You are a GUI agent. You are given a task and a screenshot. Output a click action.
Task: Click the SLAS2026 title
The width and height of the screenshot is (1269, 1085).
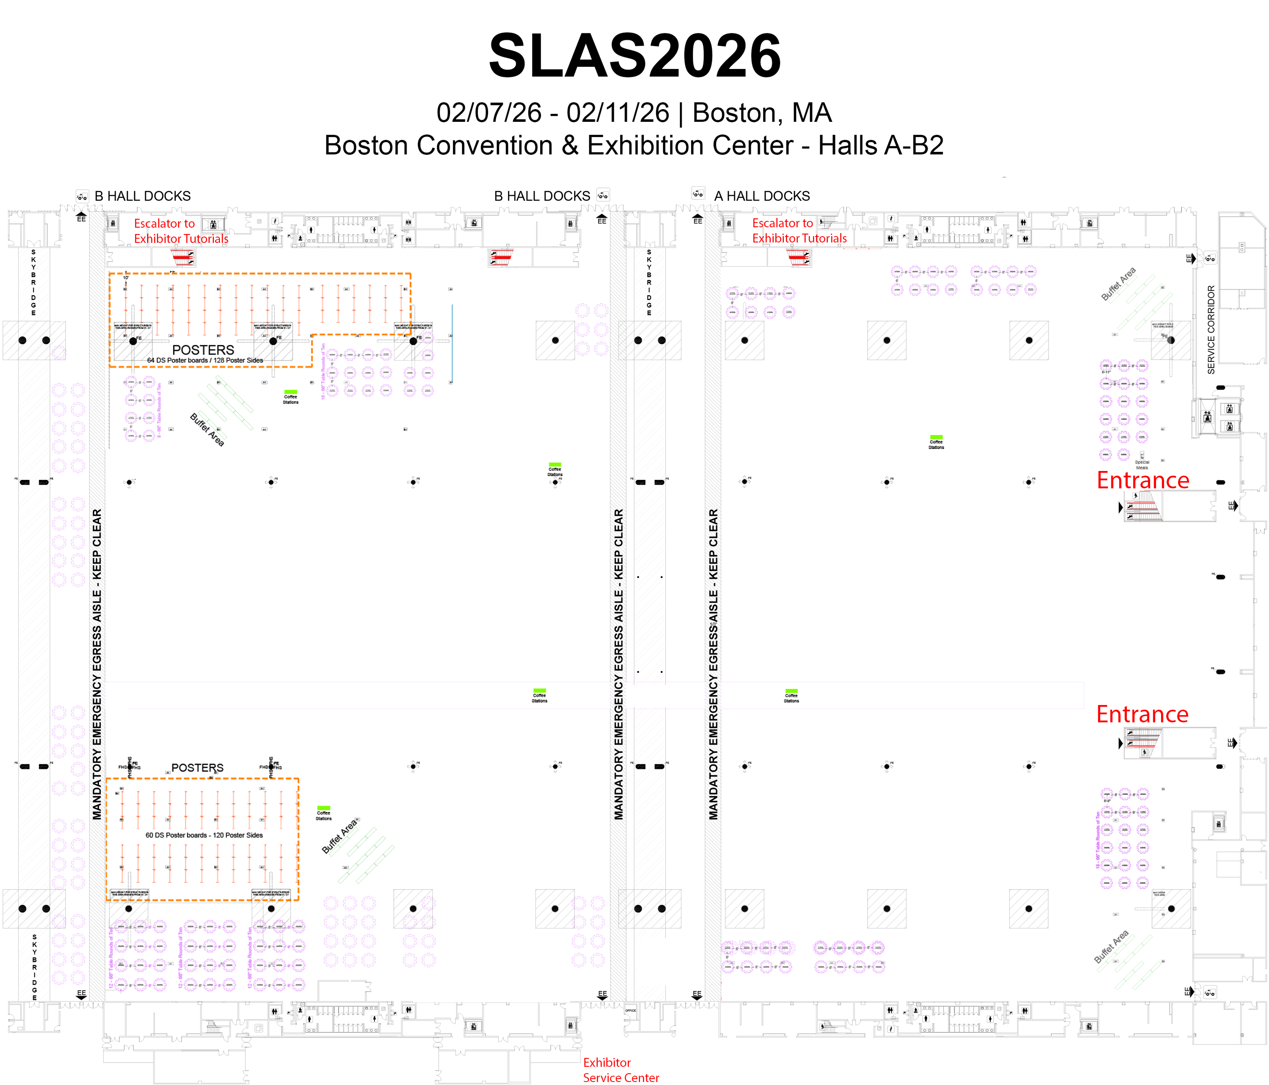(634, 56)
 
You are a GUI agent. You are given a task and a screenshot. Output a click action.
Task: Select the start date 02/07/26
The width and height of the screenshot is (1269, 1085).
(489, 113)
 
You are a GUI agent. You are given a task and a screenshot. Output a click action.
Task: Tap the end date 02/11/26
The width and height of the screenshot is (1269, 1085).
(618, 113)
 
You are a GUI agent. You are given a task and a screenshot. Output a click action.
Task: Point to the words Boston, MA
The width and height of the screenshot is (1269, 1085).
(762, 113)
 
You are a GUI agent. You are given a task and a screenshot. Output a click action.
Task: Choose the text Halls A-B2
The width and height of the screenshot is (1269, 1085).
(881, 146)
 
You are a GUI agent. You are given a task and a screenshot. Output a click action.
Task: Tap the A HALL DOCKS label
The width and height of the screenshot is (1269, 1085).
(762, 196)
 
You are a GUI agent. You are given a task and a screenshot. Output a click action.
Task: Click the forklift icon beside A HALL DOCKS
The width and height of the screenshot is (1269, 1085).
(698, 194)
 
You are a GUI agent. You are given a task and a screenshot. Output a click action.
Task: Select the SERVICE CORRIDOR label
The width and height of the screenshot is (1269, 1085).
(1211, 330)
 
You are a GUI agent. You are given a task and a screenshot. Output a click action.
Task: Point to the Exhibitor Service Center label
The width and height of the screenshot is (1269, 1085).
(621, 1070)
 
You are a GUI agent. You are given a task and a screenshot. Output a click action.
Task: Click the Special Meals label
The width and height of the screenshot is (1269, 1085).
(1142, 465)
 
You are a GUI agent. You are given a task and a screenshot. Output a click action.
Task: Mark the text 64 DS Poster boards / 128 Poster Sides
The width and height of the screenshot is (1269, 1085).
(205, 360)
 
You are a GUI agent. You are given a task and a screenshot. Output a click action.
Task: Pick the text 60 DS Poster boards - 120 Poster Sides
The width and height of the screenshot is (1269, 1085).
(204, 835)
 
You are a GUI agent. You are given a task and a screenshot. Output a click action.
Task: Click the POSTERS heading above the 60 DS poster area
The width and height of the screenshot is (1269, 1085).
(197, 768)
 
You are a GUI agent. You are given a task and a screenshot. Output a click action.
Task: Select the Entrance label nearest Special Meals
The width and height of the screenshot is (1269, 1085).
(1143, 480)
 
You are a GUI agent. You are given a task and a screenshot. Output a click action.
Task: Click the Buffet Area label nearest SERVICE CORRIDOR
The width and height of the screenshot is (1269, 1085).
(1118, 284)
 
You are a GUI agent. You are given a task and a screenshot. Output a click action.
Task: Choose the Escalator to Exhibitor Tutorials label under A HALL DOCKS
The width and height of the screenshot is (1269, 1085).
(799, 231)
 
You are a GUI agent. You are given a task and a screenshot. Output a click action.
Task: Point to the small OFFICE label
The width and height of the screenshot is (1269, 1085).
(630, 1010)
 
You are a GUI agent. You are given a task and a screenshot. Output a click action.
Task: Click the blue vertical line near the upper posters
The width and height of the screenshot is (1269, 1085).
(452, 343)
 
